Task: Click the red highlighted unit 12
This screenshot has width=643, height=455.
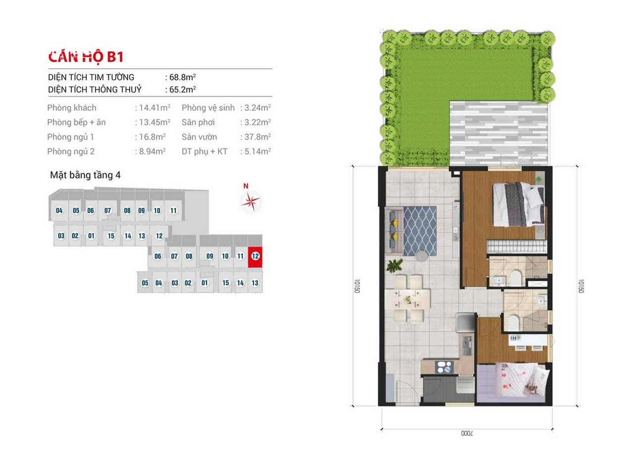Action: click(255, 257)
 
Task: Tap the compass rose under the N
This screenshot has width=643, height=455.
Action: click(251, 202)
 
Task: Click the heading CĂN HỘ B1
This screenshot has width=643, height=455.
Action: click(86, 56)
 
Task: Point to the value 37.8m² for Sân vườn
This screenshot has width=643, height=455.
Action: click(258, 137)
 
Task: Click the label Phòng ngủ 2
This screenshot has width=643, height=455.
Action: click(71, 152)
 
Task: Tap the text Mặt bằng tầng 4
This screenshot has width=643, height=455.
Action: click(85, 175)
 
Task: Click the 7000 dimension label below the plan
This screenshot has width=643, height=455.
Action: click(467, 433)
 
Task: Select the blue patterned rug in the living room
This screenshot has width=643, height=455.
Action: click(420, 231)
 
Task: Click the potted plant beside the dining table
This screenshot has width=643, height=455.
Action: click(394, 265)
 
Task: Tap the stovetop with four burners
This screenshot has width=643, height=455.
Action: click(444, 367)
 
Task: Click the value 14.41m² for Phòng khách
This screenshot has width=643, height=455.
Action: click(155, 108)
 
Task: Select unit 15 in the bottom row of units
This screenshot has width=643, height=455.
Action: click(226, 283)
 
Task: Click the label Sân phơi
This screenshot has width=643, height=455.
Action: click(198, 122)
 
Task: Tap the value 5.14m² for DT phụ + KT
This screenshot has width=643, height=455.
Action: click(258, 152)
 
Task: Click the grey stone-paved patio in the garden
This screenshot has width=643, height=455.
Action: click(499, 134)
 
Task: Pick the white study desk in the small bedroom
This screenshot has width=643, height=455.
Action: click(528, 340)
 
